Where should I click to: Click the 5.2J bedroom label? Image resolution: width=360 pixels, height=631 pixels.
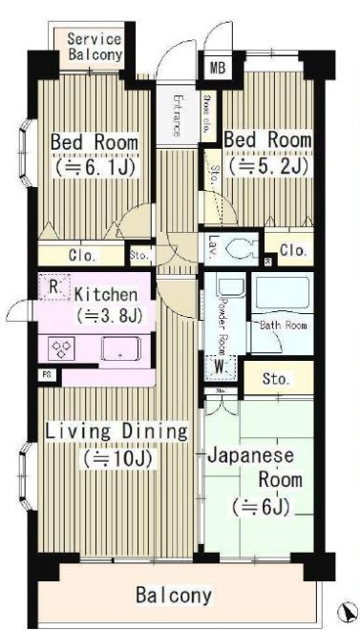267,153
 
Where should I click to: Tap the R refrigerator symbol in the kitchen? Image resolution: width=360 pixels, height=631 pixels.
54,285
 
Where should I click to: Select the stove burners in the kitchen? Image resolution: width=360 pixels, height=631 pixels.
62,347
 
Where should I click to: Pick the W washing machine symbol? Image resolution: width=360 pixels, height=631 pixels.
220,365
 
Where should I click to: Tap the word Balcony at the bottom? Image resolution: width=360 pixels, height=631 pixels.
172,596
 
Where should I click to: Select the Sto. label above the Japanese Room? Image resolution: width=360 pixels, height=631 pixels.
278,378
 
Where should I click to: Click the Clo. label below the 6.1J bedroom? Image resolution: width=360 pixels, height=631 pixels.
81,255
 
